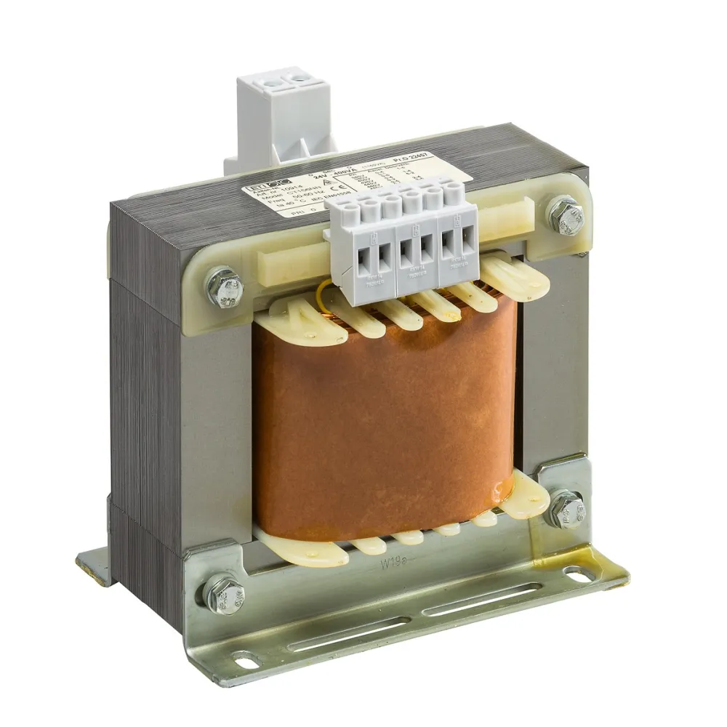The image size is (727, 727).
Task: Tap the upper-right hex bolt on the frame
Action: [566, 212]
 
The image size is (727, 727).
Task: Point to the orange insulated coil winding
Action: [385, 414]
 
